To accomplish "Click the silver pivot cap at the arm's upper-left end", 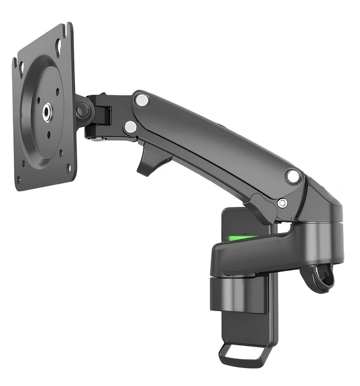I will tap(142, 100).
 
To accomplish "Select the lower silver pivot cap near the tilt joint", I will tap(130, 126).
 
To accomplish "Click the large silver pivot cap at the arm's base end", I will tap(293, 176).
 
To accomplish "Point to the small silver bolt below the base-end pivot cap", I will tap(281, 203).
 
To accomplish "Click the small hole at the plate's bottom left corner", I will tap(19, 178).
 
